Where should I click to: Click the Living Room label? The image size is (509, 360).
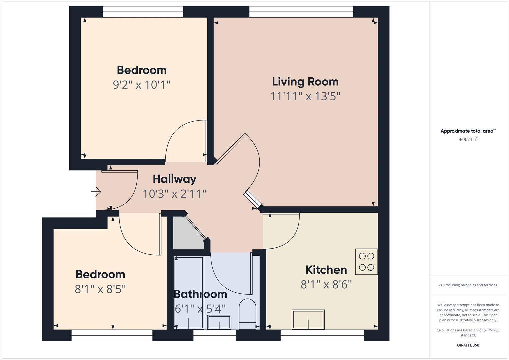coord(305,82)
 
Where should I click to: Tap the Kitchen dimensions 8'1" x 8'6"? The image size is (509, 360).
coord(326,285)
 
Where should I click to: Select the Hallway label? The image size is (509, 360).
coord(174,179)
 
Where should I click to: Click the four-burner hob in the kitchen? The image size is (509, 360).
coord(366,262)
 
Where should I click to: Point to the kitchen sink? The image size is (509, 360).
coord(308,319)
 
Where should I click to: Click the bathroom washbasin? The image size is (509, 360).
coord(219,322)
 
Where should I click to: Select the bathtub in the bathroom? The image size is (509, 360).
coord(189,292)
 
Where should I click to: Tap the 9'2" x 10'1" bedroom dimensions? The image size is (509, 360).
coord(142,85)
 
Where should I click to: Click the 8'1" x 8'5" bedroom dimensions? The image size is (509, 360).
coord(100,289)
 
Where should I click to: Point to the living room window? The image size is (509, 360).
coord(301,12)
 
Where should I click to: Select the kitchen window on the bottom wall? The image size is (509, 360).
coord(322,335)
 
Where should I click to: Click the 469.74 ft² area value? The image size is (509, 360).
coord(468,140)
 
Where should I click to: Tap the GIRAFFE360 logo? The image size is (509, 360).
coord(468,345)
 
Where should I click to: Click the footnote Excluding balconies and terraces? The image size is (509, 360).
coord(468,285)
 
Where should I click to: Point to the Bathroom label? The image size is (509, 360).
coord(200,294)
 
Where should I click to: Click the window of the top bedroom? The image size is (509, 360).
coord(143,12)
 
